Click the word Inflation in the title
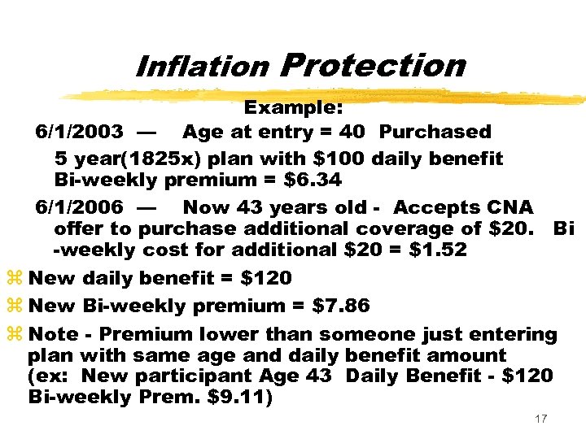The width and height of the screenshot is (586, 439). click(x=202, y=66)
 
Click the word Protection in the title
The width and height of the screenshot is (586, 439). click(x=372, y=64)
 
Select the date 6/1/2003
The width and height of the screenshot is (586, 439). click(x=80, y=131)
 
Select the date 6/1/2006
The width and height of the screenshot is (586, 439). click(x=80, y=207)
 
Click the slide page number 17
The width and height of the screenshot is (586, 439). click(x=541, y=419)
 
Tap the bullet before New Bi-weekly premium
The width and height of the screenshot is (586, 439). click(x=14, y=306)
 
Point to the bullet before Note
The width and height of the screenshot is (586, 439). click(x=14, y=335)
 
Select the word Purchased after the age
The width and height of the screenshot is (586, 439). click(x=435, y=131)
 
